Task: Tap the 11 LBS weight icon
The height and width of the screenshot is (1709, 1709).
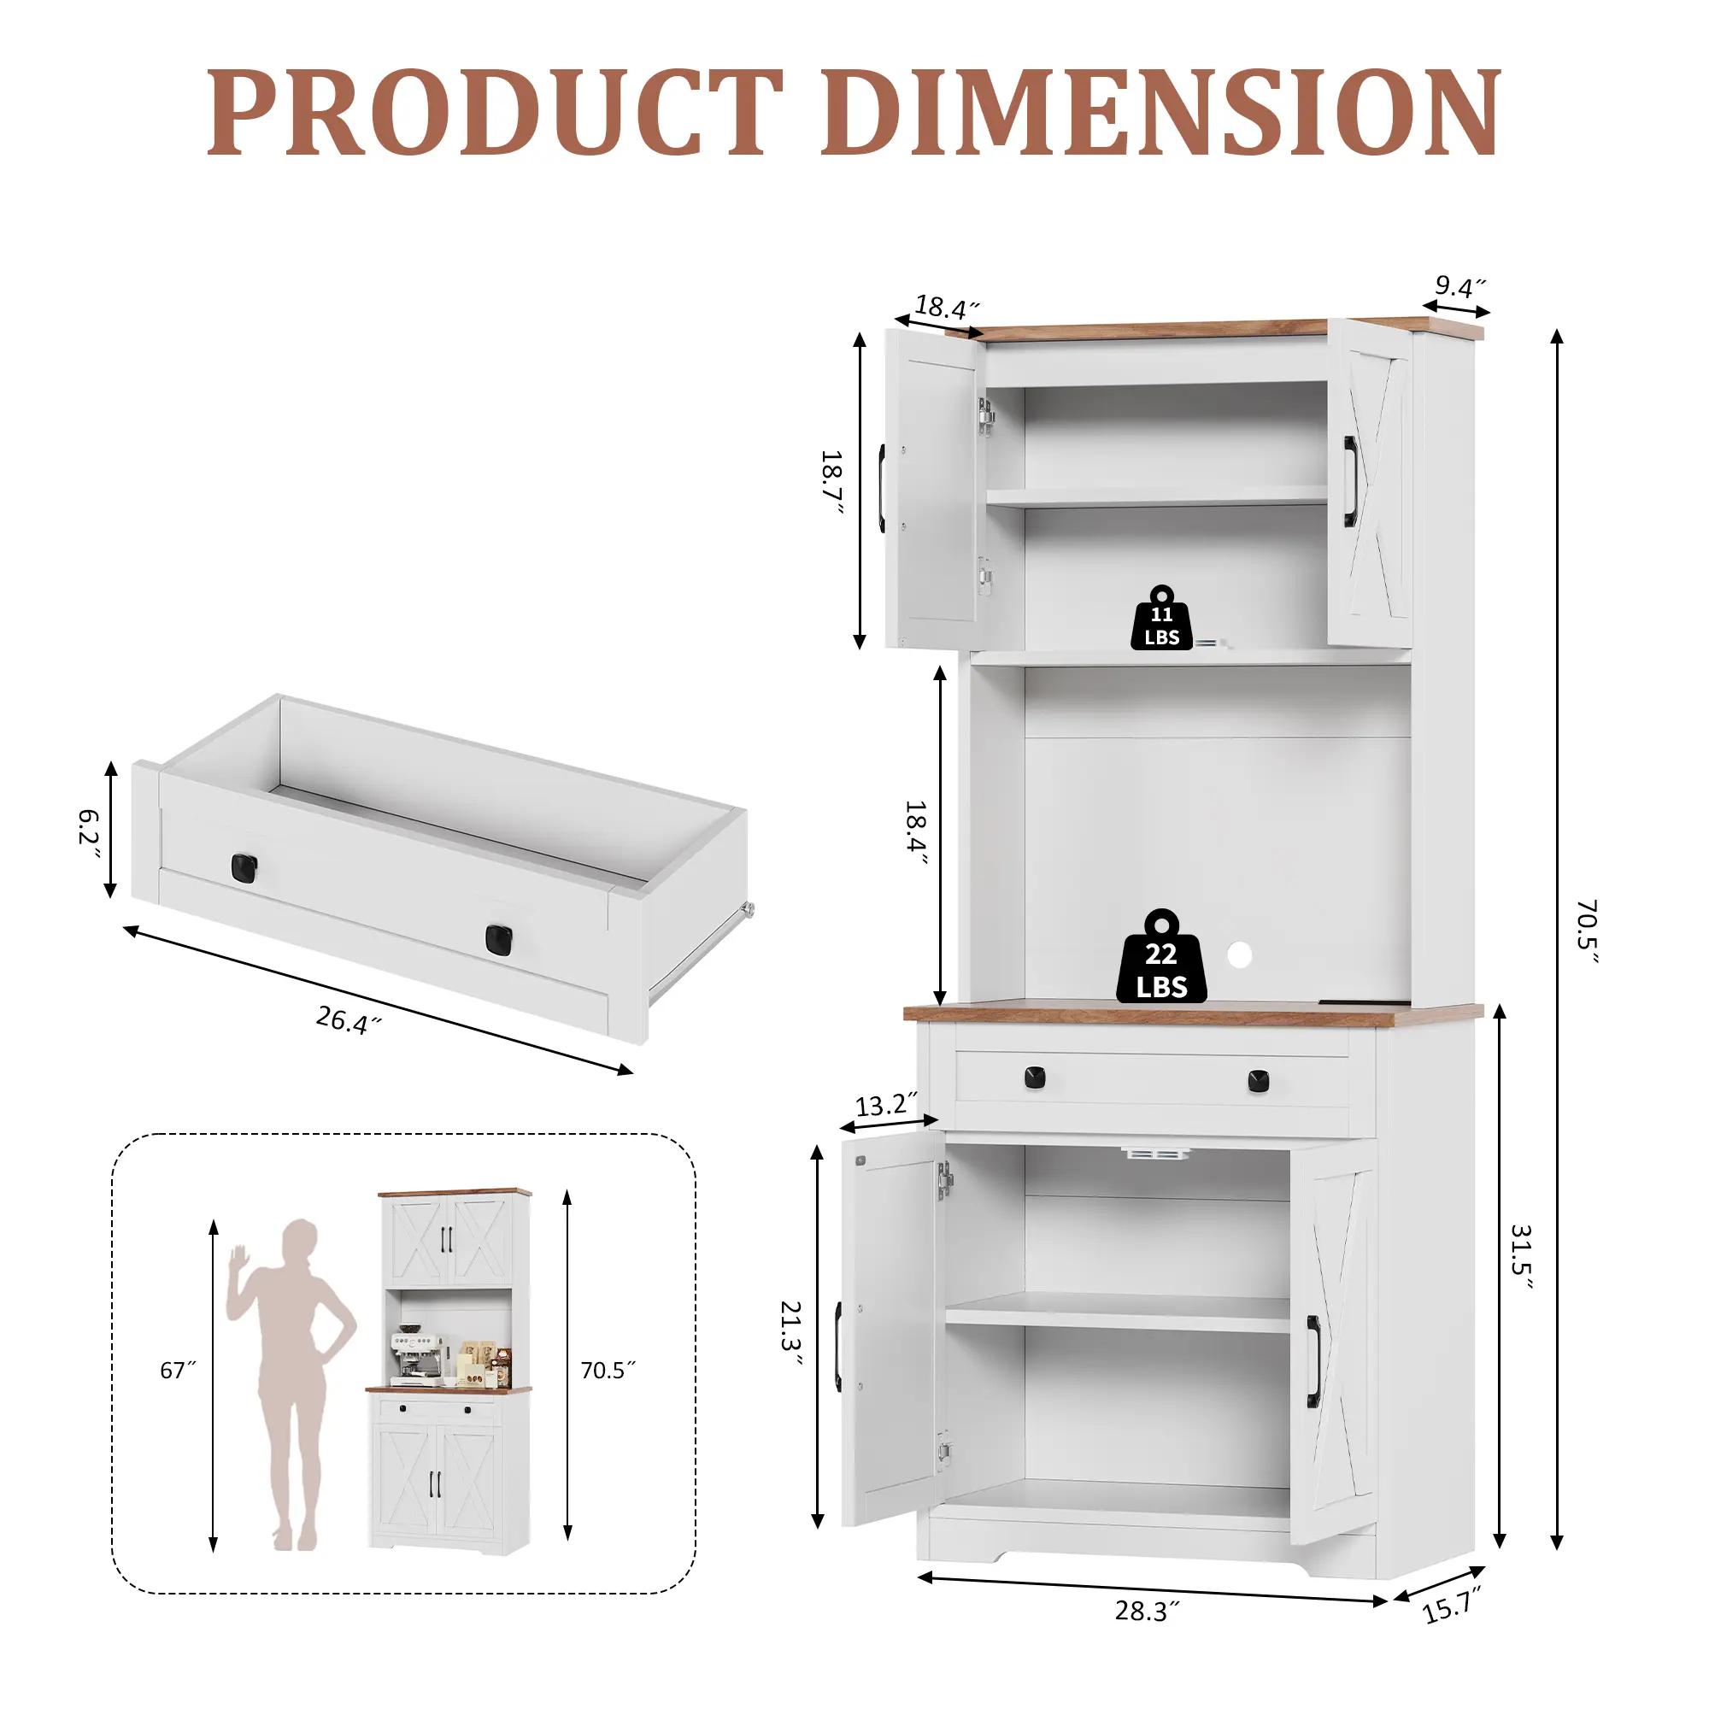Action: tap(1161, 618)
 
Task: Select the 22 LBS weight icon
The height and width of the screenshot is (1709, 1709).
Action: tap(1161, 957)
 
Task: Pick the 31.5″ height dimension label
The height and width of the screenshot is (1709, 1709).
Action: tap(1522, 1257)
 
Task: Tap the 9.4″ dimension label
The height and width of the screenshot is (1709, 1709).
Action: tap(1459, 286)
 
